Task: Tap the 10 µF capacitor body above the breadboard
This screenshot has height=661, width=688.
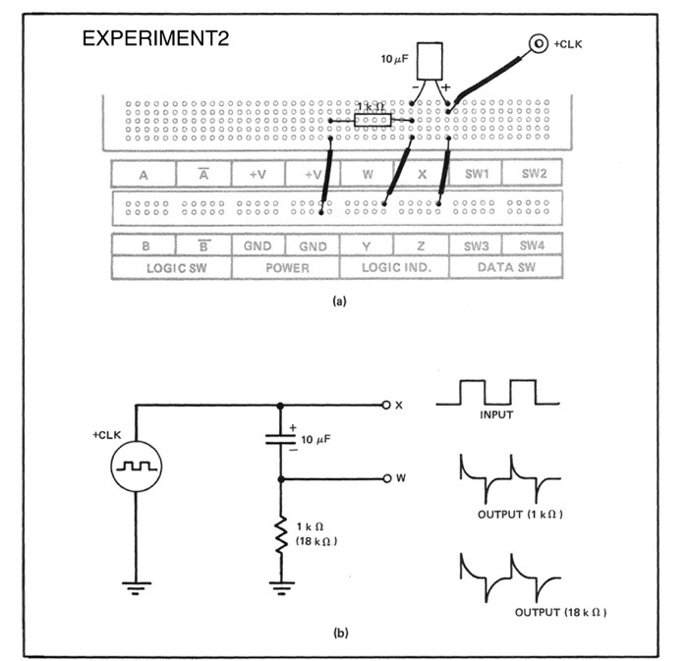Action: (429, 61)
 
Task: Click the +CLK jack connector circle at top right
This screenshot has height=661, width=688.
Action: (538, 43)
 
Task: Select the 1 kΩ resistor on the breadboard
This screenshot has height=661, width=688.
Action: (373, 121)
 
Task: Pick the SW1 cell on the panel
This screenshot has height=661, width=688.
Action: (477, 174)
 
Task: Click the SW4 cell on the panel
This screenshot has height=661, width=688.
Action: (532, 246)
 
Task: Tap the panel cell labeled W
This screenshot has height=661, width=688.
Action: (368, 174)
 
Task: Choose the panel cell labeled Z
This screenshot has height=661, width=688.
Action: (422, 246)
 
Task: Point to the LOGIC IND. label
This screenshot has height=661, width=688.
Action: (394, 267)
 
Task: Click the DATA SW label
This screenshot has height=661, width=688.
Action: (505, 267)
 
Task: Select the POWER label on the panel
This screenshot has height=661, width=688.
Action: (286, 267)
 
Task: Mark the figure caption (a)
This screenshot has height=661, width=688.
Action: (339, 303)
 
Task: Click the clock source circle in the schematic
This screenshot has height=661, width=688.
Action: (135, 468)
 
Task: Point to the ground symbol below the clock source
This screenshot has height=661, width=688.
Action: (135, 588)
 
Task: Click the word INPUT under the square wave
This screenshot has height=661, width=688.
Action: (496, 415)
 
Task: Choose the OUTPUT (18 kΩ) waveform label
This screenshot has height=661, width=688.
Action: (556, 612)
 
